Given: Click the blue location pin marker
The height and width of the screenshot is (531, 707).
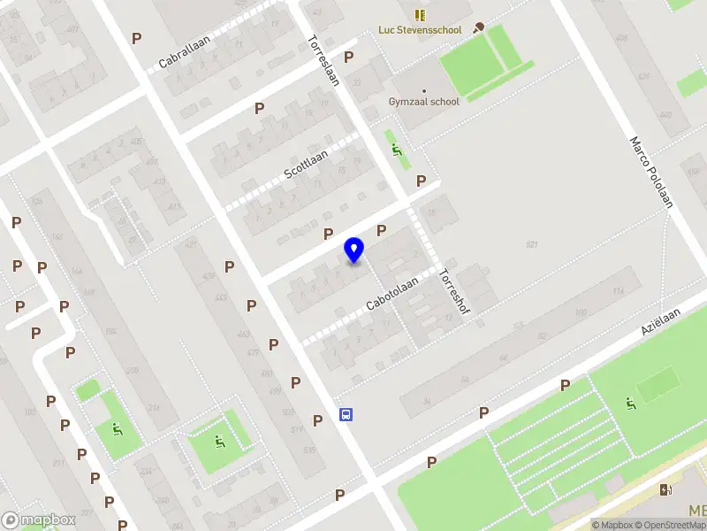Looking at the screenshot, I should [354, 250].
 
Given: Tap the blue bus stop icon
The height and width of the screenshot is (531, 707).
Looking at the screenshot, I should [346, 414].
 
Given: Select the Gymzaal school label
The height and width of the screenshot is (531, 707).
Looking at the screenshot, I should [424, 102].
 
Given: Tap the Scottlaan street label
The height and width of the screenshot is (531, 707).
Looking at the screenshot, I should [306, 165].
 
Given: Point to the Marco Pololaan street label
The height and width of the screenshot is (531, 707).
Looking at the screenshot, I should [650, 172].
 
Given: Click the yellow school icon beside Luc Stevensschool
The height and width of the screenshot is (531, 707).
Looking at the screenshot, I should [420, 15].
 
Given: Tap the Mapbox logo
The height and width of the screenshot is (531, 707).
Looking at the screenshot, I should [39, 520].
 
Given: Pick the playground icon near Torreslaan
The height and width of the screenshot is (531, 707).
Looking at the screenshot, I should [397, 150].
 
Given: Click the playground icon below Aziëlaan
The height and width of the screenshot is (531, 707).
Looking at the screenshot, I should [630, 404].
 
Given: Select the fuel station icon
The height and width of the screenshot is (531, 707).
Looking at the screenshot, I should [665, 489].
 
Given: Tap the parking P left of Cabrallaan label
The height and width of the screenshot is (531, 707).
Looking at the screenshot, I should [136, 38].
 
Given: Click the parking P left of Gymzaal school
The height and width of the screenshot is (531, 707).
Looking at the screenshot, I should [349, 57].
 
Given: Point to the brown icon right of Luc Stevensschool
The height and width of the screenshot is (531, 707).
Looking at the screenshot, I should [479, 27].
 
